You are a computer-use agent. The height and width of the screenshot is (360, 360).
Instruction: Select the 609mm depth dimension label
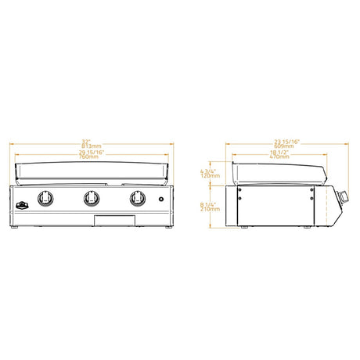[283, 146]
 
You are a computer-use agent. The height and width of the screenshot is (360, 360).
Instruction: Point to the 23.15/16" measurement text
[283, 142]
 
